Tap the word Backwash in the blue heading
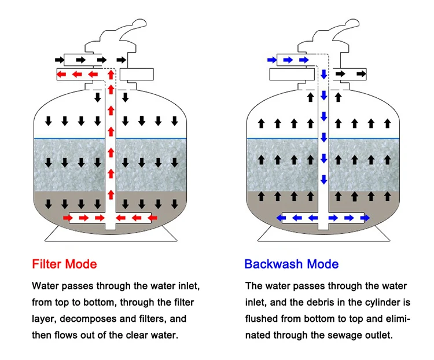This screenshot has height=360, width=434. pyautogui.click(x=270, y=265)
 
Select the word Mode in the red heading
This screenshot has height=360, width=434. pyautogui.click(x=81, y=265)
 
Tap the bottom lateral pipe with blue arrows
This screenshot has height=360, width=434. pyautogui.click(x=323, y=218)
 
